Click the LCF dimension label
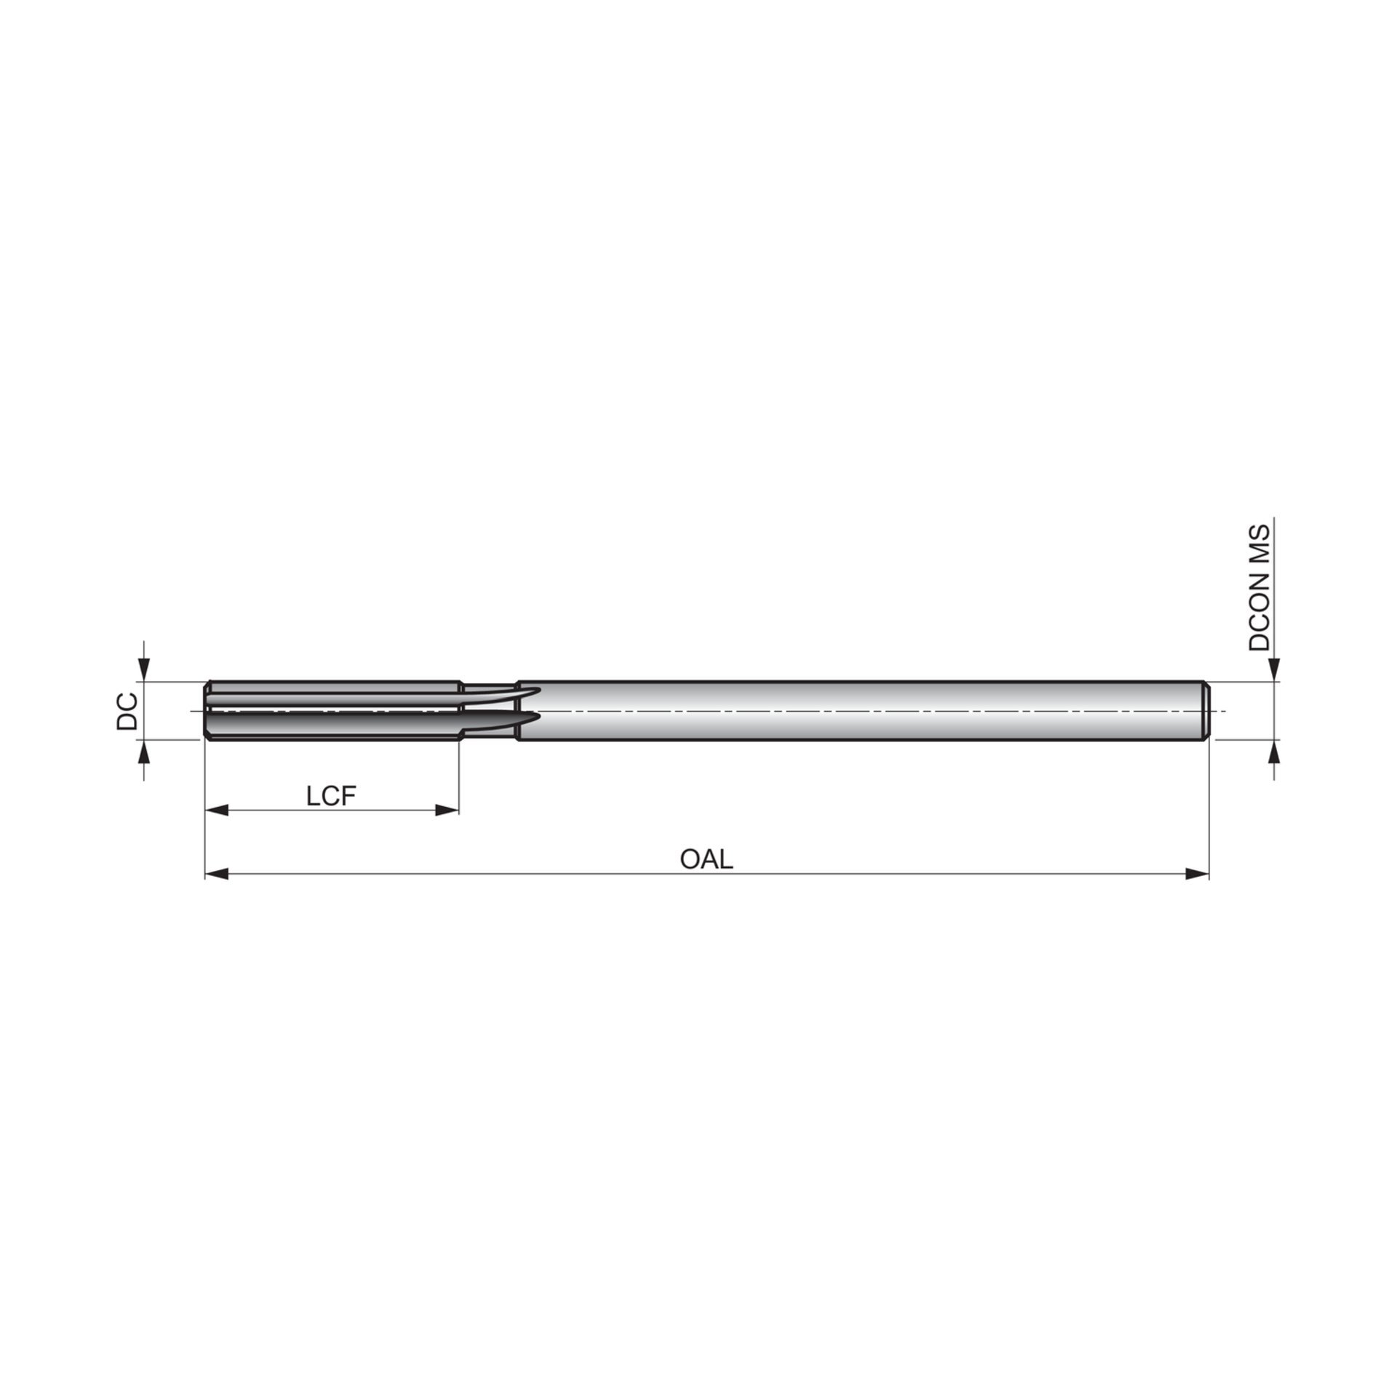pyautogui.click(x=331, y=796)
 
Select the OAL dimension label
pyautogui.click(x=706, y=859)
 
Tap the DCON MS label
pyautogui.click(x=1259, y=588)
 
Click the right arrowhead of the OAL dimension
pyautogui.click(x=1198, y=873)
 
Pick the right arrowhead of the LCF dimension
pyautogui.click(x=447, y=810)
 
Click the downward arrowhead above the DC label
pyautogui.click(x=144, y=671)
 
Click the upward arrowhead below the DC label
pyautogui.click(x=144, y=752)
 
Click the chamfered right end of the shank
pyautogui.click(x=1206, y=711)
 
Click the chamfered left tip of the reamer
pyautogui.click(x=208, y=711)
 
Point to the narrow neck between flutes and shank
pyautogui.click(x=489, y=711)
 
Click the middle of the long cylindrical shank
pyautogui.click(x=859, y=711)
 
